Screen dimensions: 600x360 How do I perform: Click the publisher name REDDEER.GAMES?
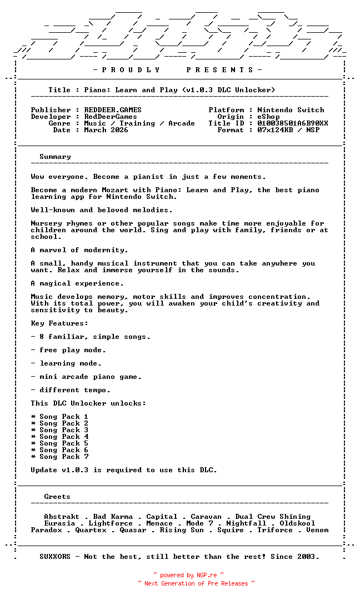[113, 110]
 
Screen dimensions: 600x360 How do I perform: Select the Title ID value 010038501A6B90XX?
[293, 123]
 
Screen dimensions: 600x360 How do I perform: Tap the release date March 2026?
[106, 130]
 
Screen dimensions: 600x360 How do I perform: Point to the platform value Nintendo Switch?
[291, 110]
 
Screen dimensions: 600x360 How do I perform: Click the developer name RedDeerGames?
[111, 117]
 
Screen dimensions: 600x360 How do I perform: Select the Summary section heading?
[55, 157]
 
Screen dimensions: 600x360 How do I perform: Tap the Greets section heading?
[57, 497]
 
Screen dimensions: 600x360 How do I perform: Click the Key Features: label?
[59, 323]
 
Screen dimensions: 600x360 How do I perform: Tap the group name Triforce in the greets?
[275, 530]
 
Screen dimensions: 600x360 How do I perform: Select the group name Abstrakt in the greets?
[62, 517]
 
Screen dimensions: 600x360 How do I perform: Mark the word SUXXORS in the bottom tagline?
[55, 556]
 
